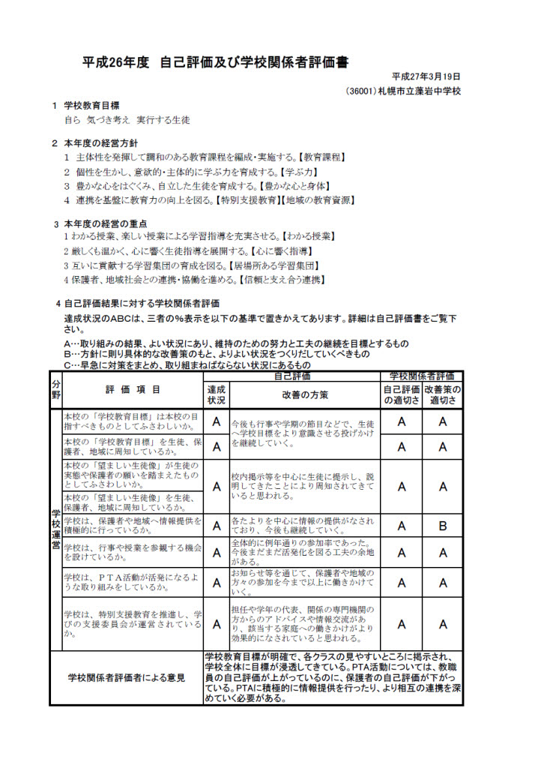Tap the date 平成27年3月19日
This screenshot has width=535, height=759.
point(426,77)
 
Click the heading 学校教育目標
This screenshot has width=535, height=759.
point(91,106)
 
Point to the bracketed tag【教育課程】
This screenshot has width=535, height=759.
point(320,157)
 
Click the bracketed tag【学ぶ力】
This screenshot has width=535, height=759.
point(305,171)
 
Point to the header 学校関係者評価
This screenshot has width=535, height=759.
point(422,376)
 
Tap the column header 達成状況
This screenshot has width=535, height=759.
point(216,394)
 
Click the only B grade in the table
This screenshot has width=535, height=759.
point(442,526)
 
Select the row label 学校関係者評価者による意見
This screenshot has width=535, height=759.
point(126,678)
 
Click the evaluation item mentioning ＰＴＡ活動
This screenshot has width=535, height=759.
point(133,583)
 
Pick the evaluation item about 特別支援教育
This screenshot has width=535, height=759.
point(133,624)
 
